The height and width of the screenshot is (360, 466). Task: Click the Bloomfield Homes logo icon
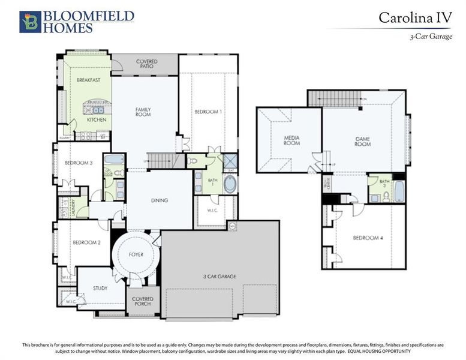(31, 22)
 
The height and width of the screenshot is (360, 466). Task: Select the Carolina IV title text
(414, 17)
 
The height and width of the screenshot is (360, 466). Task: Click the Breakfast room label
(88, 80)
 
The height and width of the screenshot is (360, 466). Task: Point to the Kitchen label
(97, 120)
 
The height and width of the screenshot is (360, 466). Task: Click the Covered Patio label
(147, 64)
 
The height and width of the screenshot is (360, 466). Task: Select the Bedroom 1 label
(208, 112)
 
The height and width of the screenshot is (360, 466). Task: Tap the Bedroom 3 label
(78, 163)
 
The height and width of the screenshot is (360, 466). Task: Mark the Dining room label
(159, 200)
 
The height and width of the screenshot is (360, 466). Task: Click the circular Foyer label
(136, 255)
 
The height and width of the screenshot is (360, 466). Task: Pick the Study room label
(100, 288)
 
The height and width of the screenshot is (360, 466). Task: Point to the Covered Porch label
(143, 301)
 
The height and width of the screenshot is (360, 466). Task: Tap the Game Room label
(362, 142)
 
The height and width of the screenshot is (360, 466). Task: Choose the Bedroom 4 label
(368, 238)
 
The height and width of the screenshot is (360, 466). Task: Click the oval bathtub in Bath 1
(230, 184)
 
